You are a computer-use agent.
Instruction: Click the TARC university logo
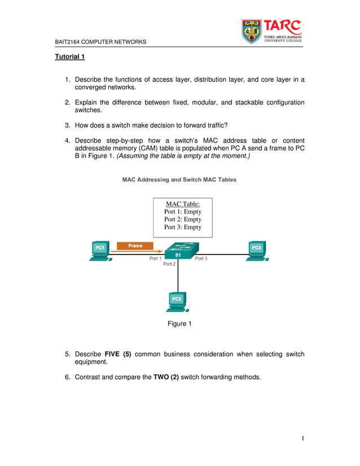coord(272,31)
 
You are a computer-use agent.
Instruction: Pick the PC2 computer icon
coord(177,301)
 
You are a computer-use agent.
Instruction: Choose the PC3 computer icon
coord(257,250)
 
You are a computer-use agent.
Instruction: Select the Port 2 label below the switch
coord(169,264)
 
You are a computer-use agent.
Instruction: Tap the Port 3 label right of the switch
coord(201,258)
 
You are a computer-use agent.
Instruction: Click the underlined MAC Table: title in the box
coord(182,204)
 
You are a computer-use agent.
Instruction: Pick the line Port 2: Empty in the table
coord(182,219)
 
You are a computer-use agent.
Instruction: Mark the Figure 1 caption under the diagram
coord(179,323)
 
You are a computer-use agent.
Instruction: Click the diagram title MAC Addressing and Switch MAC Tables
coord(179,179)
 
